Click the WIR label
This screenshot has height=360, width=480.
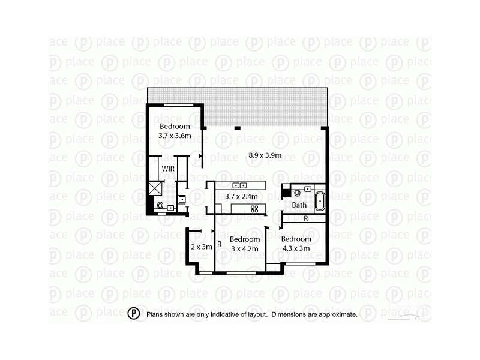168,169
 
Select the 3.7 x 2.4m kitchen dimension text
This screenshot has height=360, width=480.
241,196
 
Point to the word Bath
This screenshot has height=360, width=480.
299,205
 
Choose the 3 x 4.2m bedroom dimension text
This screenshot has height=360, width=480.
245,248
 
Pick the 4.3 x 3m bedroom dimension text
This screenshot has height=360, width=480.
296,247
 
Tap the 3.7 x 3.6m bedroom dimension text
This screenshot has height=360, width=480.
175,136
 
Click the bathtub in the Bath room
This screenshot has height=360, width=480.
319,200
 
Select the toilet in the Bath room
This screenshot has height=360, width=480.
297,193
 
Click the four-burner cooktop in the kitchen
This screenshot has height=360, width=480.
254,208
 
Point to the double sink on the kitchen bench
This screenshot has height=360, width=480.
240,185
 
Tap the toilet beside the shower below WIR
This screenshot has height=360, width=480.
160,207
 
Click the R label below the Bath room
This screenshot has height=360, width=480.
306,219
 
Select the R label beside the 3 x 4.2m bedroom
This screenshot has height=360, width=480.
220,244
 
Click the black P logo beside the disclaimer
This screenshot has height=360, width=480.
134,313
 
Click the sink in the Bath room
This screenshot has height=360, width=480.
308,189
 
